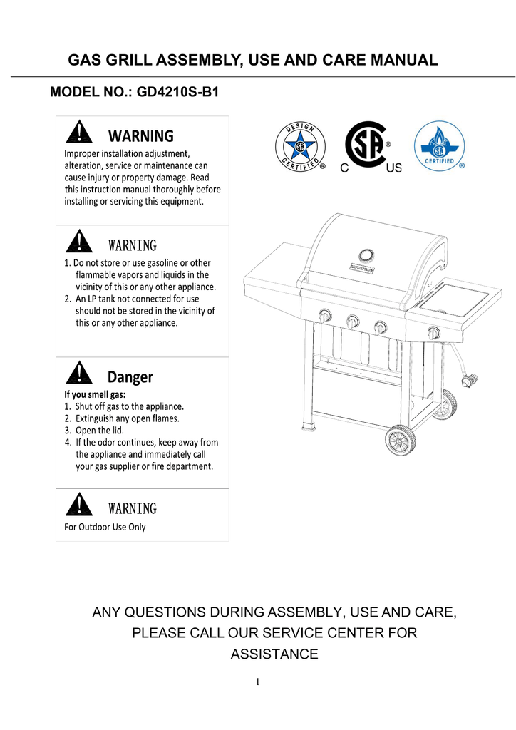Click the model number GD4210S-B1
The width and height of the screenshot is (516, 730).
177,93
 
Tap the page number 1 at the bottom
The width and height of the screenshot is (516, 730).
258,682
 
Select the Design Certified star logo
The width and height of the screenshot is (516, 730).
300,148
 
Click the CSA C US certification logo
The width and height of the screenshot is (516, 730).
368,146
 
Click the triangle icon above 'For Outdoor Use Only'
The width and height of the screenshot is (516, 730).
78,505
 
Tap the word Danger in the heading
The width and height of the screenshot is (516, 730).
130,376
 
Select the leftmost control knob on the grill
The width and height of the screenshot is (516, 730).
326,316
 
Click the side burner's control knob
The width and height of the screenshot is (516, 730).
434,331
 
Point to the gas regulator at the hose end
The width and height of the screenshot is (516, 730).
468,381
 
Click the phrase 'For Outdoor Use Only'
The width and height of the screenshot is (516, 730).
105,528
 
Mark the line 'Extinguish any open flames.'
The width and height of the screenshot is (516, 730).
122,418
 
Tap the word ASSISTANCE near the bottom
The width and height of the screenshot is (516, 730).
274,654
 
